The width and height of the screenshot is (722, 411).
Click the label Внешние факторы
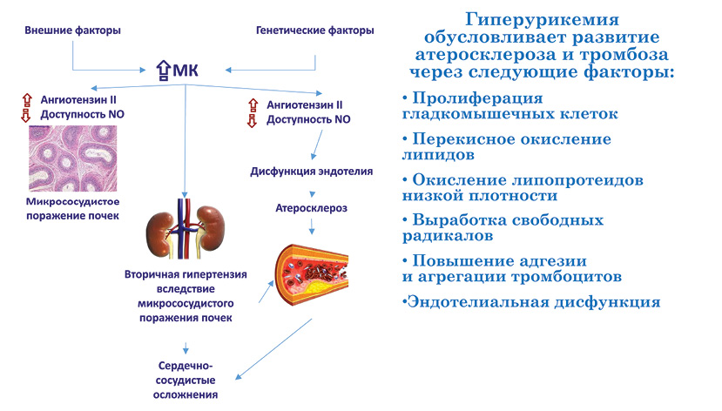pos(73,30)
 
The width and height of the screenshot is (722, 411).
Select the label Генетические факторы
pos(315,30)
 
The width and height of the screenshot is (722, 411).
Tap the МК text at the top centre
pos(186,71)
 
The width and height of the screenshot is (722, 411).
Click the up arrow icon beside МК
pos(164,71)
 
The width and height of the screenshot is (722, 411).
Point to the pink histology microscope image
pos(73,158)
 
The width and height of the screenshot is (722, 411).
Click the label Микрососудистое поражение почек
pos(73,208)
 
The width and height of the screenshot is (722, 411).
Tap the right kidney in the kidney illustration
pos(212,229)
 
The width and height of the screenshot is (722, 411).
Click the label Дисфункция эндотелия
pos(312,172)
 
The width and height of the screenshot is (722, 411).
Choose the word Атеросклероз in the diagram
pos(312,208)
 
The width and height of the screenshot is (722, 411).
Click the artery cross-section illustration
pos(312,275)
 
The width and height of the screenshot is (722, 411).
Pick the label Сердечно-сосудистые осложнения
pos(186,381)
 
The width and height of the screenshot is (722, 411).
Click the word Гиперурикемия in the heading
pos(542,20)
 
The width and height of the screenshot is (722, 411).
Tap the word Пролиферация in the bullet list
pos(477,98)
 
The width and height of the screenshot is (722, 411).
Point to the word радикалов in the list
pos(448,236)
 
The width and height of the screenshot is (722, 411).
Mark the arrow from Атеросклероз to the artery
pos(312,226)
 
